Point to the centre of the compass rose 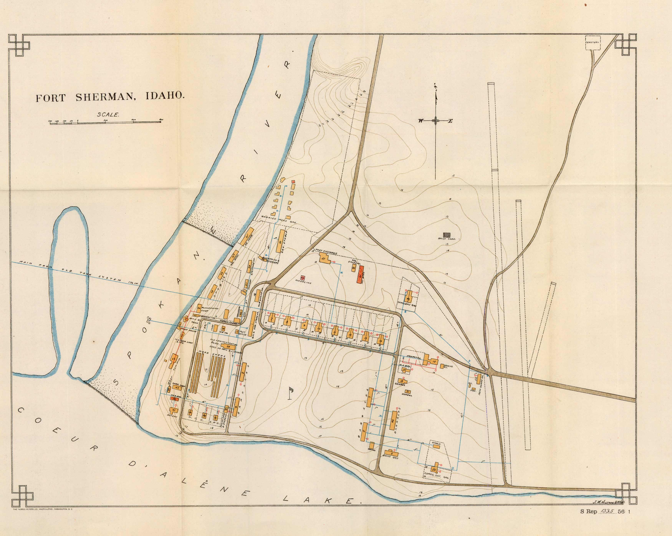[435, 121]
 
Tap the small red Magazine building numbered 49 [302, 277]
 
